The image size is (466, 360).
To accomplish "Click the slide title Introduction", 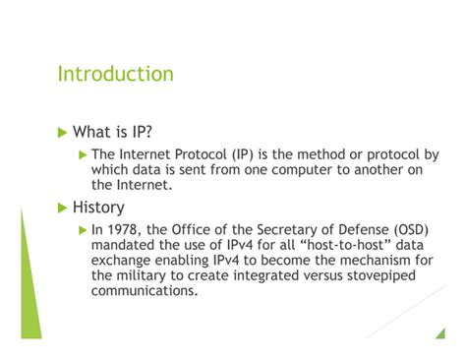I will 115,75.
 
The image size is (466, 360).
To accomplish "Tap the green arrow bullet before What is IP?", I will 64,133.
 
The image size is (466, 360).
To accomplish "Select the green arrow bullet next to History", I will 64,208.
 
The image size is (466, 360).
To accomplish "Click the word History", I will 98,208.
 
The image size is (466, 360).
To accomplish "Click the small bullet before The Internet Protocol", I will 84,154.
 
